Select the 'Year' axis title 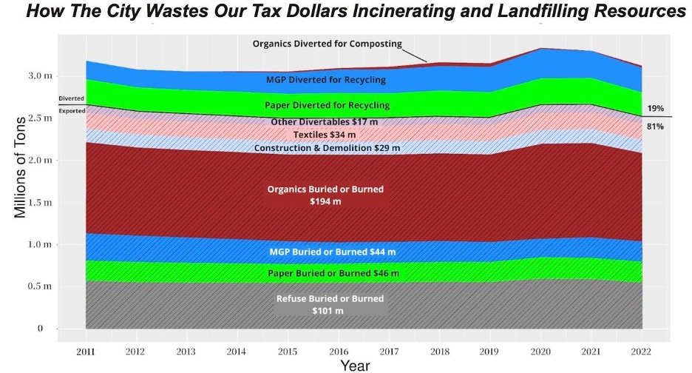point(355,365)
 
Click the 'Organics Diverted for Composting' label point(327,44)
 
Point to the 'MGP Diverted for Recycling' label point(326,80)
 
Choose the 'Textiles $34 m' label point(325,135)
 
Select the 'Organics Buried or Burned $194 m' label point(325,195)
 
